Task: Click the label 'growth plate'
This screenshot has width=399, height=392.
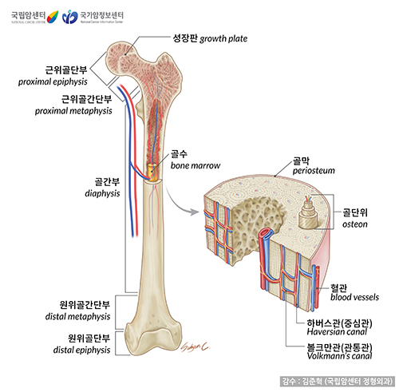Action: pyautogui.click(x=225, y=38)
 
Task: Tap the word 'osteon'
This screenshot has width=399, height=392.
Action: pyautogui.click(x=356, y=225)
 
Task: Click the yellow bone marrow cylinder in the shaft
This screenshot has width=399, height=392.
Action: pyautogui.click(x=152, y=172)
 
